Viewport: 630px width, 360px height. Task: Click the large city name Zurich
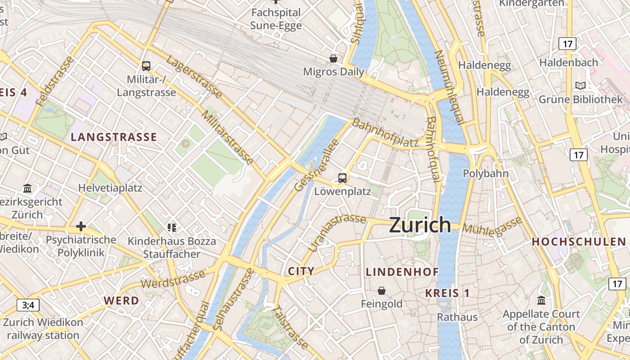420,225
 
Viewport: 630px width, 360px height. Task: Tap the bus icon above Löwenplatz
342,178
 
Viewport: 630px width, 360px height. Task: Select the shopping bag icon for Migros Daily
333,58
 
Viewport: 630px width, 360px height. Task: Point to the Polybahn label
486,173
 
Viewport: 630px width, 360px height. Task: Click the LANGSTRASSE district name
114,137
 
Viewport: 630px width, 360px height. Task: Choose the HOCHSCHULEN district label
579,242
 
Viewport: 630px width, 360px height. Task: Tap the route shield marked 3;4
28,305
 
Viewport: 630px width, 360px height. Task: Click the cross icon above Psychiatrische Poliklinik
81,226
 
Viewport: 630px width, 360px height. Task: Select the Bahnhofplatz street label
385,134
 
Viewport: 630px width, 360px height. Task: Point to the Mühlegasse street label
492,226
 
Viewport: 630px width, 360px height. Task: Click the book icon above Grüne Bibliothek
580,85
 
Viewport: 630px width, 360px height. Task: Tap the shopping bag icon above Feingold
382,291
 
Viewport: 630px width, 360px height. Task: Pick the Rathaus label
457,317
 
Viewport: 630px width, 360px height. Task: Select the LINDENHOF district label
402,272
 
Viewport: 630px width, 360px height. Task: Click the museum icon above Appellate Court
541,300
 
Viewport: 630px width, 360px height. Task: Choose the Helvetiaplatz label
110,188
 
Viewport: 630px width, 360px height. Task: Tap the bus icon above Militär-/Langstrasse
146,66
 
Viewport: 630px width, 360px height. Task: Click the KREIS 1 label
447,293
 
